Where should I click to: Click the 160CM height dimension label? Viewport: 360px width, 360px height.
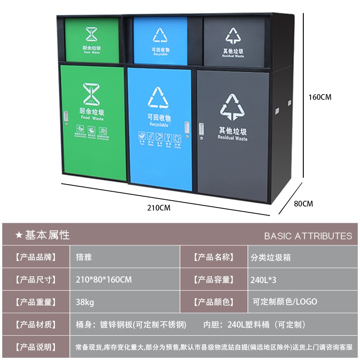pyautogui.click(x=320, y=97)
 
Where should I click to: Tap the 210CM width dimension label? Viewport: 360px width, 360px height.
pyautogui.click(x=159, y=207)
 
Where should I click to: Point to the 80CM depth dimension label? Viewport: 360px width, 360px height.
pyautogui.click(x=303, y=204)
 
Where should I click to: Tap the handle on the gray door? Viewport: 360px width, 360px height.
pyautogui.click(x=202, y=129)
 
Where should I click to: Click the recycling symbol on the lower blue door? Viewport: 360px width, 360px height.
pyautogui.click(x=158, y=98)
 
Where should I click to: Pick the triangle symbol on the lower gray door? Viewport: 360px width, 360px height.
pyautogui.click(x=231, y=107)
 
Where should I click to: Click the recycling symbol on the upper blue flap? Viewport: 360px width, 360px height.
pyautogui.click(x=160, y=35)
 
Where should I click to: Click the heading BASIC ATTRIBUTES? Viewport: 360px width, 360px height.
pyautogui.click(x=308, y=236)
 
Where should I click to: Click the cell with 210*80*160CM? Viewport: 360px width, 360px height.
pyautogui.click(x=103, y=279)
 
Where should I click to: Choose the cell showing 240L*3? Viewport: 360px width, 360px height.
pyautogui.click(x=263, y=279)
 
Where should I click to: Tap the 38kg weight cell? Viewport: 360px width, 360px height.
pyautogui.click(x=85, y=302)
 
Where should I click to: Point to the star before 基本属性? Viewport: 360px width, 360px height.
pyautogui.click(x=19, y=235)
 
